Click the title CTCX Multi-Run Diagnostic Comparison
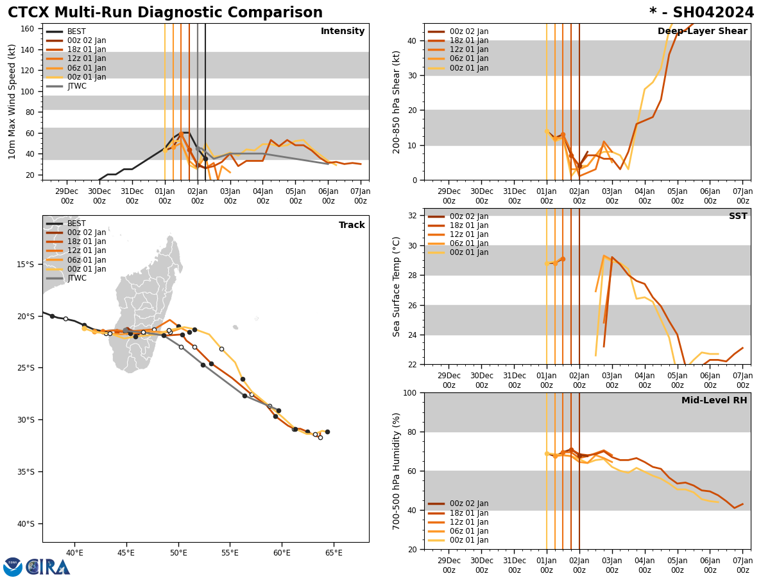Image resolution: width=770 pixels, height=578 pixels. [x=165, y=13]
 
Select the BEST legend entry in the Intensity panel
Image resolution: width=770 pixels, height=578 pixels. [x=76, y=31]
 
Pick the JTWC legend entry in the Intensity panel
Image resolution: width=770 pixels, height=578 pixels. [x=76, y=86]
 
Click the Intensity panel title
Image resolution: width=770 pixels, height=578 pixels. [x=342, y=31]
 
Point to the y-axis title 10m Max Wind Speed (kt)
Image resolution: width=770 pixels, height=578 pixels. [x=12, y=101]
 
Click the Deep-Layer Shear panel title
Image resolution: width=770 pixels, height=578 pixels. [x=702, y=31]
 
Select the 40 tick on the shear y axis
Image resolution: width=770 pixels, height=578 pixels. [x=411, y=40]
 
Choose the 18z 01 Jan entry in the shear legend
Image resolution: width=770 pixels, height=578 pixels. [x=468, y=40]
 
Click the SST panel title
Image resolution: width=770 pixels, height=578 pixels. [x=738, y=216]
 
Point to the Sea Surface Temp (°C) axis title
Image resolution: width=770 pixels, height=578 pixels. [x=397, y=286]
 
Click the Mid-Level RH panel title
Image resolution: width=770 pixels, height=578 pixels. [x=714, y=401]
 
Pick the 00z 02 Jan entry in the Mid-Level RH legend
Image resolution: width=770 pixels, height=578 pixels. [x=468, y=504]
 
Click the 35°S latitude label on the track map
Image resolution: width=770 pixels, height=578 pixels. [x=26, y=472]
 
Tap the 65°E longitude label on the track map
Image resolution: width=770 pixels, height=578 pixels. [x=334, y=552]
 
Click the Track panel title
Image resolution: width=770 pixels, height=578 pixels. [x=352, y=225]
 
